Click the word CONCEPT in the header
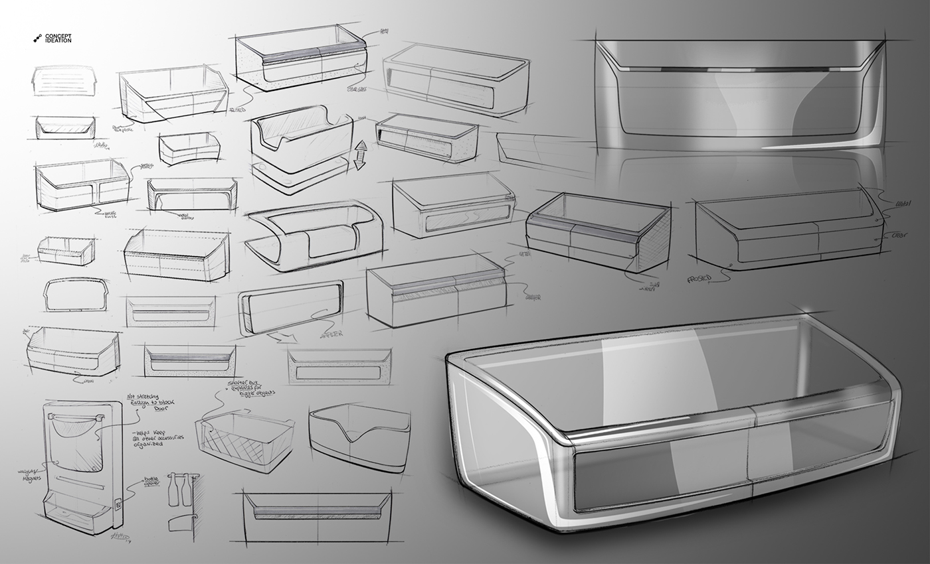point(58,36)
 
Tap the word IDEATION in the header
point(58,41)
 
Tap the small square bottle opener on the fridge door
point(118,504)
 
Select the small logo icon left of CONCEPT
point(38,38)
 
